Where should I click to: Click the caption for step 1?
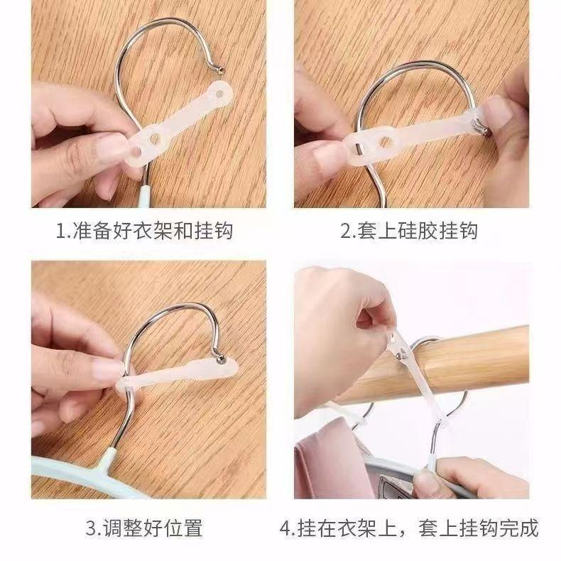pyautogui.click(x=145, y=231)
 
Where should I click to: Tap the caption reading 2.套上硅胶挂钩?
pyautogui.click(x=409, y=231)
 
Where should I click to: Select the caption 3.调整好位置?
pyautogui.click(x=144, y=528)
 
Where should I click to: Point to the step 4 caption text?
pyautogui.click(x=409, y=528)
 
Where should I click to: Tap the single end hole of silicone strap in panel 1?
pyautogui.click(x=219, y=94)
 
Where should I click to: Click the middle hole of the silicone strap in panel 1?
pyautogui.click(x=155, y=138)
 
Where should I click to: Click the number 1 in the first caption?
pyautogui.click(x=61, y=231)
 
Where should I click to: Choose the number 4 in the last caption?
pyautogui.click(x=285, y=529)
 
